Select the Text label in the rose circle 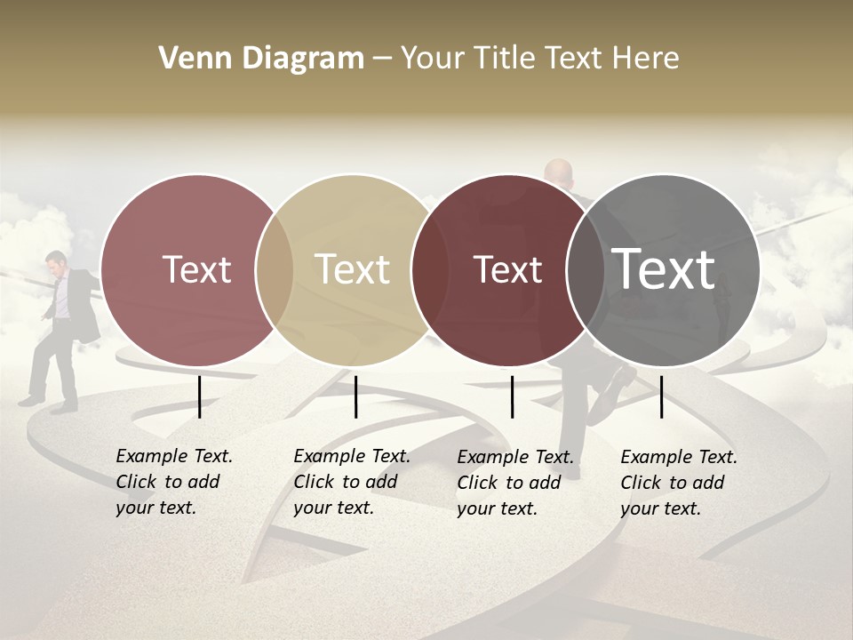(x=196, y=269)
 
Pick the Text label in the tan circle (x=352, y=269)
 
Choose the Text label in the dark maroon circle (x=507, y=269)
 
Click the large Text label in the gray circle (x=664, y=269)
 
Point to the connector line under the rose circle (x=199, y=396)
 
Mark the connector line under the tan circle (x=355, y=396)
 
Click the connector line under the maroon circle (x=512, y=396)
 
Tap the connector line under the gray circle (x=662, y=396)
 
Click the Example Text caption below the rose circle (x=173, y=482)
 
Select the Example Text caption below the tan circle (x=351, y=482)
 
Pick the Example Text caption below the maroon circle (x=514, y=483)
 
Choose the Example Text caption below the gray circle (x=678, y=483)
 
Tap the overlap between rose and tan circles (x=275, y=269)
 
